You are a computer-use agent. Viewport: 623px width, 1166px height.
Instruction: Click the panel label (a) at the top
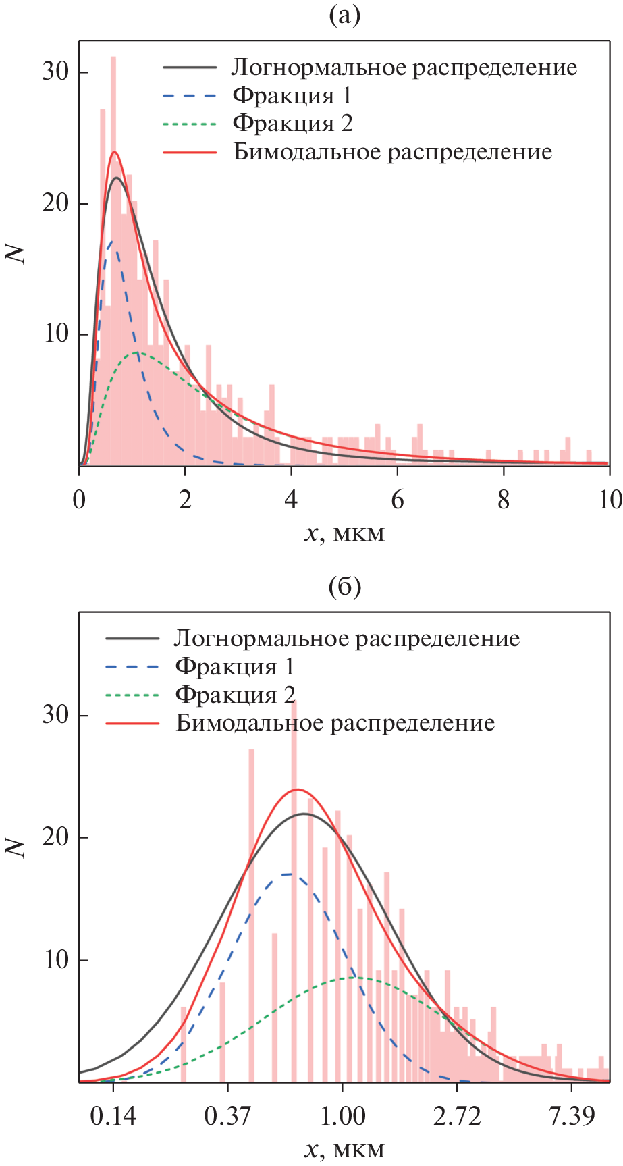(344, 15)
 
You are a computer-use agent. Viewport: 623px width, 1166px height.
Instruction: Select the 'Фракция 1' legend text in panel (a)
(292, 96)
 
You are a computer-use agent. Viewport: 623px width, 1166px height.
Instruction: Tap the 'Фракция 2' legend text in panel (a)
(292, 124)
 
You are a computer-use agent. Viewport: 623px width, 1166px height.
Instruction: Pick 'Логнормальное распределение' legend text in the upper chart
(404, 68)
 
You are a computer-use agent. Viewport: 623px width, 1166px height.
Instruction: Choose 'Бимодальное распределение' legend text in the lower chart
(335, 723)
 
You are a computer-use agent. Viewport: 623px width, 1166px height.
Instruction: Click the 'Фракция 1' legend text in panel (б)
(235, 667)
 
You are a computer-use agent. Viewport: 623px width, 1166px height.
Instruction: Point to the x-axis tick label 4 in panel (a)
(291, 500)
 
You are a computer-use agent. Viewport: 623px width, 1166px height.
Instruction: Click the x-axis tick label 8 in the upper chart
(504, 500)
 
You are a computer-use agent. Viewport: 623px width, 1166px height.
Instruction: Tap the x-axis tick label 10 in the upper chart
(610, 500)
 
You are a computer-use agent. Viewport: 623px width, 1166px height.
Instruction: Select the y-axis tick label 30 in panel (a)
(56, 72)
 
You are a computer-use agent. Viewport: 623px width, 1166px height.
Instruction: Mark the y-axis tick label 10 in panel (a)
(56, 334)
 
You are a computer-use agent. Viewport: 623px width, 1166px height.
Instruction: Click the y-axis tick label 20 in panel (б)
(56, 837)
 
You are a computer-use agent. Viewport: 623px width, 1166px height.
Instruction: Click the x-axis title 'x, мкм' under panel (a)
(344, 533)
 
